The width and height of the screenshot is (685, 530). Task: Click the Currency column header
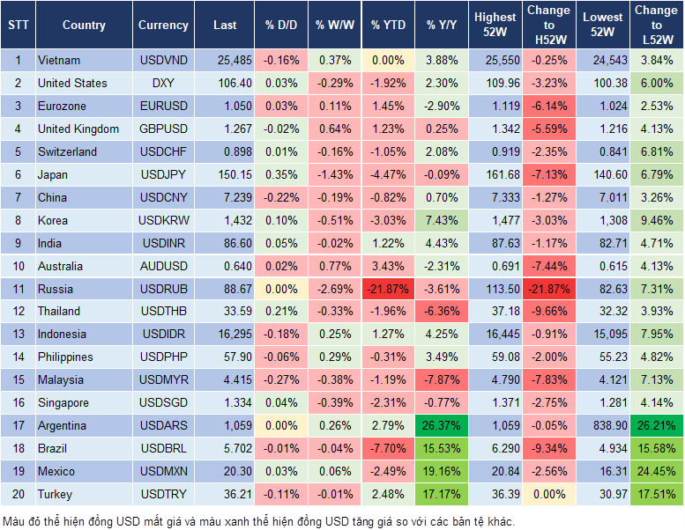[x=163, y=26]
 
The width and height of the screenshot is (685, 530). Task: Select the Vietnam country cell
[x=59, y=61]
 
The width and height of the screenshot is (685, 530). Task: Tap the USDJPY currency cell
[x=163, y=174]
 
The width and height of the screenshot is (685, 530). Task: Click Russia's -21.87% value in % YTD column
[x=386, y=289]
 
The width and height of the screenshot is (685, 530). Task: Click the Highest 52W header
[x=495, y=26]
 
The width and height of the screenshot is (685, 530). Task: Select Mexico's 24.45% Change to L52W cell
[x=656, y=472]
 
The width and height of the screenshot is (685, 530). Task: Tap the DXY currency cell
[x=163, y=84]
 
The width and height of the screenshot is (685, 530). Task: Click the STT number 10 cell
[x=18, y=266]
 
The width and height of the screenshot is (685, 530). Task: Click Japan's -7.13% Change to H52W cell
[x=548, y=174]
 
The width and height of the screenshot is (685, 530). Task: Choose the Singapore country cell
[x=63, y=403]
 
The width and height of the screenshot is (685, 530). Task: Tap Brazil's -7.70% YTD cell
[x=386, y=449]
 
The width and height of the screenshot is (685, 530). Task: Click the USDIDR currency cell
[x=163, y=335]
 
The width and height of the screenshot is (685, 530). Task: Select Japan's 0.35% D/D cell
[x=281, y=174]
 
